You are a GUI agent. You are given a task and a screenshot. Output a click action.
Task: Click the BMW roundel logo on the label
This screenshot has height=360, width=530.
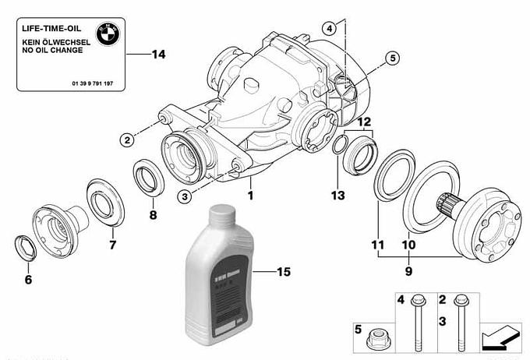coord(107,34)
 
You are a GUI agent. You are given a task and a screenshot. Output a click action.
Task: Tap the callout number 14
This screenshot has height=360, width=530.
coord(158,55)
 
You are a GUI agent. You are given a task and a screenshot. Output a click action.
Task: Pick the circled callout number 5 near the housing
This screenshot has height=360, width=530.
coord(390,58)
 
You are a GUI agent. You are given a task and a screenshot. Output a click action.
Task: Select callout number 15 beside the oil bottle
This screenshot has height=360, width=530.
coord(284,272)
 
